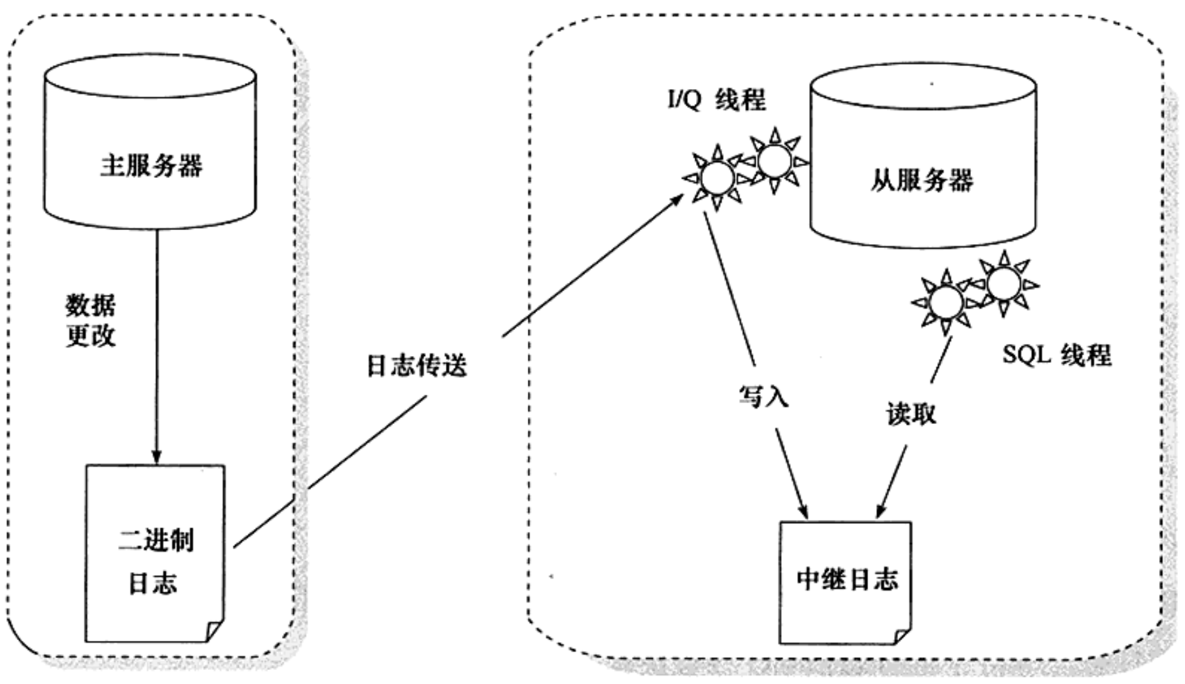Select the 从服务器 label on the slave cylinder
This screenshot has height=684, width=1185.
(x=921, y=181)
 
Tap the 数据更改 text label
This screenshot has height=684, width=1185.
(x=91, y=321)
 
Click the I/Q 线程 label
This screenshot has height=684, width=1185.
(x=716, y=100)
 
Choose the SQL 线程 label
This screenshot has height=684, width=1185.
(x=1057, y=355)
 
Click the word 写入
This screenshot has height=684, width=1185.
(x=763, y=397)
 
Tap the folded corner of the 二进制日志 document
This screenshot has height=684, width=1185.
(x=215, y=631)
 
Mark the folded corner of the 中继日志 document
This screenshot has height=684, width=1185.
(x=902, y=636)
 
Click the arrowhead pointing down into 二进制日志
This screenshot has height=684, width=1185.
(x=156, y=458)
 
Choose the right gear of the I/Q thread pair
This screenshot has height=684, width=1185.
(x=775, y=160)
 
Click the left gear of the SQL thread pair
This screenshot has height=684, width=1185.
(x=946, y=301)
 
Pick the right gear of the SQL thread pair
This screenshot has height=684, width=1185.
(x=1003, y=284)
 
